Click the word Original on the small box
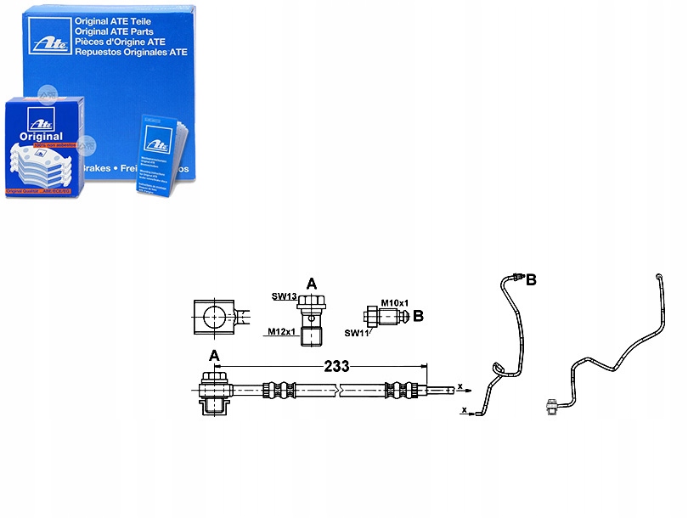tap(40, 136)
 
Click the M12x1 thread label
tap(281, 331)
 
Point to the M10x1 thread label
tap(395, 303)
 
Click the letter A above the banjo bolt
tap(311, 284)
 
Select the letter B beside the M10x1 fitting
tap(417, 316)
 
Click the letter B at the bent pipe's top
tap(531, 279)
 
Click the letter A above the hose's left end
tap(214, 355)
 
